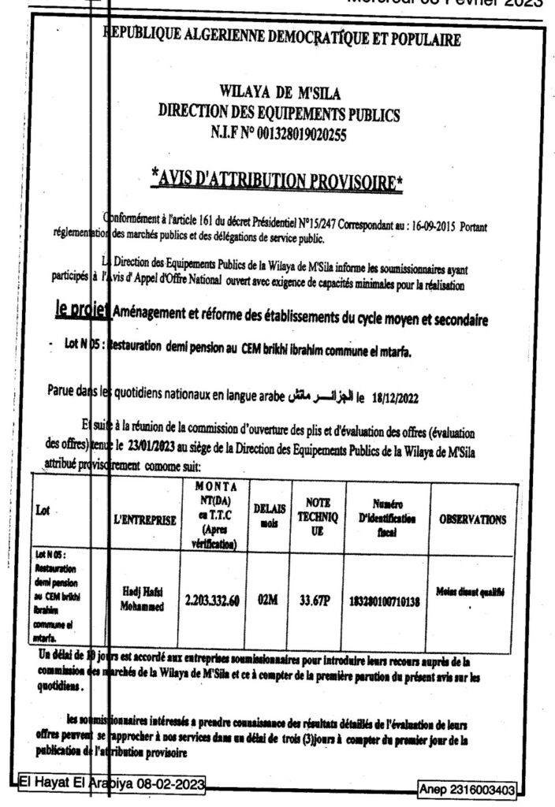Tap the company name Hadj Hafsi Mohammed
[x=142, y=601]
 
